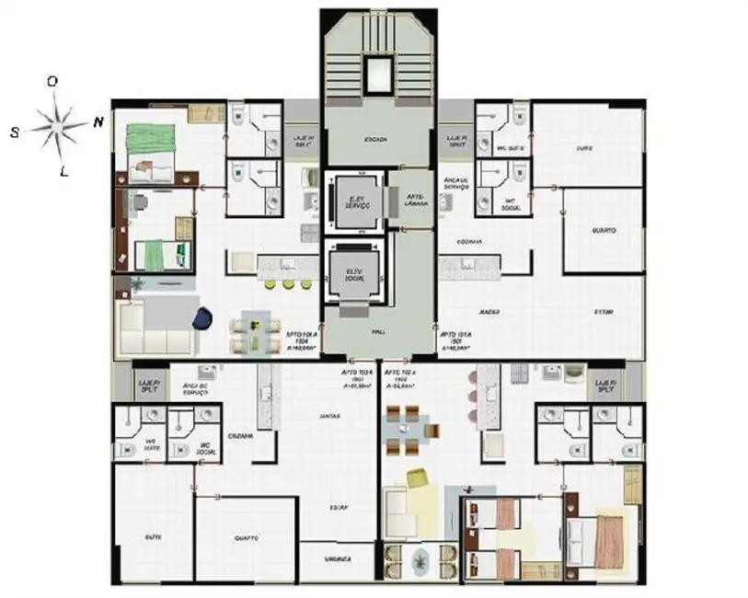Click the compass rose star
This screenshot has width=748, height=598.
(56, 126)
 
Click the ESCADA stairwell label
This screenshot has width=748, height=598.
(374, 139)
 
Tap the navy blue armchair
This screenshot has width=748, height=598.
(202, 317)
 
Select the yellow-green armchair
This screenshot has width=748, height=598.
(417, 478)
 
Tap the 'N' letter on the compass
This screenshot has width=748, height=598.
(98, 122)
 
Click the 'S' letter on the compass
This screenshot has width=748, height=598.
(16, 132)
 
